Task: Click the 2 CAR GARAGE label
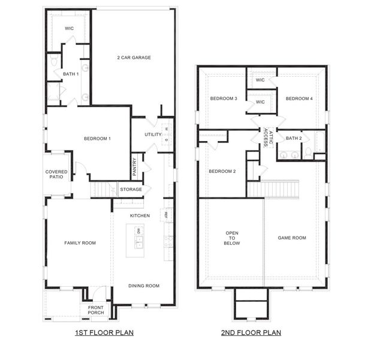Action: pos(133,58)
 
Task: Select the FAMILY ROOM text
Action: pos(80,243)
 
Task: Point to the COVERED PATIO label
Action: pos(56,175)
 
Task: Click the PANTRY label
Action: pos(135,164)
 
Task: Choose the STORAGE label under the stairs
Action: pos(131,190)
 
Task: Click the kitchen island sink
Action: pos(138,242)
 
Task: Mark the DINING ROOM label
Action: pos(144,286)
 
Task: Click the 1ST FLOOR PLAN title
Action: pos(104,332)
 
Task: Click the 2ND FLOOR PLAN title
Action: pos(251,332)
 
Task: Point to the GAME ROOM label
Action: pos(292,238)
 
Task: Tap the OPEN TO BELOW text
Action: pos(232,238)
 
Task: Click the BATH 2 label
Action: pos(294,139)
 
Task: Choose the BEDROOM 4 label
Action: pos(298,98)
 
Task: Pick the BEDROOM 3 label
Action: pos(224,98)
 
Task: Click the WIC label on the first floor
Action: pos(69,28)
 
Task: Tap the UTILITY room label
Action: pos(153,134)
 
